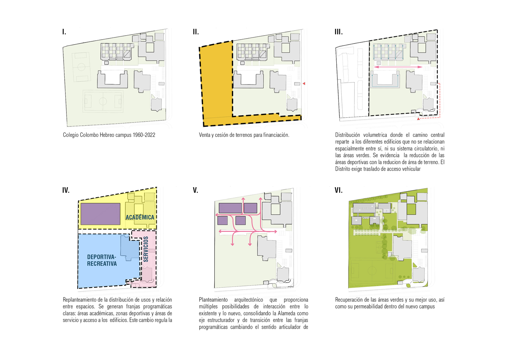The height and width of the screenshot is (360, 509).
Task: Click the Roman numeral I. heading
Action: [64, 32]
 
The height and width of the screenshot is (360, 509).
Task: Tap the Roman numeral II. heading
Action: [196, 32]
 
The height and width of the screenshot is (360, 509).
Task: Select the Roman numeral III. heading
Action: [338, 32]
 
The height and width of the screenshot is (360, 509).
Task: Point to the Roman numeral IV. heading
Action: [66, 190]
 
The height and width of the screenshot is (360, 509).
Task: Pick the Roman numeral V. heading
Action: [195, 190]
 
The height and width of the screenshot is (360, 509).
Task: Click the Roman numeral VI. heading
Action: [338, 190]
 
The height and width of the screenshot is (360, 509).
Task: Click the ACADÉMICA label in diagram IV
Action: [140, 217]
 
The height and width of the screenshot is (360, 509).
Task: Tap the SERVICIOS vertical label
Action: [146, 249]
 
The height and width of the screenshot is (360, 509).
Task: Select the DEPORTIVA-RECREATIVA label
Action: [102, 260]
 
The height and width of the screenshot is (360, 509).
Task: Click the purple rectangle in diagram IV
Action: [100, 214]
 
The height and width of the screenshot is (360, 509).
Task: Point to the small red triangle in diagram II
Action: [304, 84]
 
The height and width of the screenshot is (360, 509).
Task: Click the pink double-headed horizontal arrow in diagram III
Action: [398, 67]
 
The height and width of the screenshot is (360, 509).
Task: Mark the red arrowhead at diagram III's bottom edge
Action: [418, 118]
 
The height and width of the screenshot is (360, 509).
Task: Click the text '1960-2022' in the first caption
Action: [144, 135]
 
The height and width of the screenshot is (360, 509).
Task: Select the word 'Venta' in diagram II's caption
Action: [205, 135]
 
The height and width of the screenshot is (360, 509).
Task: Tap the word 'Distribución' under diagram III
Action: [347, 135]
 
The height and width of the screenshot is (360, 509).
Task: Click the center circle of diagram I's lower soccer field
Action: [103, 101]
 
